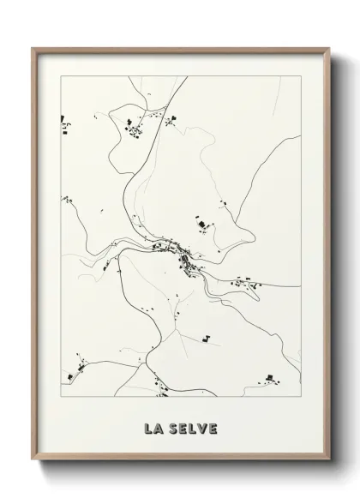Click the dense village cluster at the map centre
click(182, 254)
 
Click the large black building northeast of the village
click(203, 225)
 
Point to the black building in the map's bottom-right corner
click(269, 378)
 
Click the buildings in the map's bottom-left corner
click(69, 375)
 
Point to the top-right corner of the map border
click(301, 75)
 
